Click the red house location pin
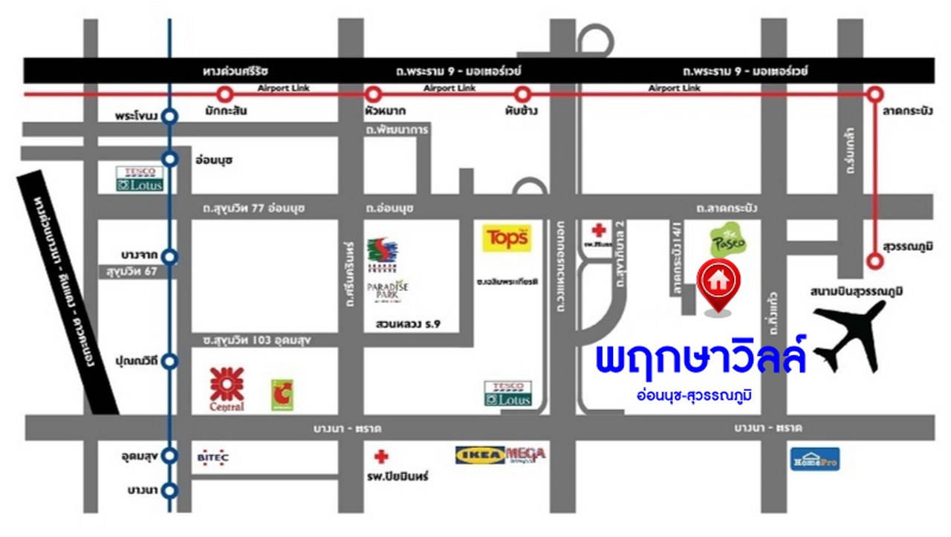[x=718, y=282]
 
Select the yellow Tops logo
[x=507, y=238]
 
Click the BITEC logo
[x=213, y=458]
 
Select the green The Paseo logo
[x=726, y=241]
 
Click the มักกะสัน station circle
[x=225, y=94]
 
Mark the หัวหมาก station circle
[x=373, y=94]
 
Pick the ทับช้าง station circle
[x=522, y=94]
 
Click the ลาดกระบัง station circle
[x=876, y=94]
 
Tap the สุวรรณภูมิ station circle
[x=876, y=261]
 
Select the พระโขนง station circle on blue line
[x=170, y=117]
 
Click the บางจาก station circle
[x=170, y=257]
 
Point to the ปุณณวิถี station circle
[x=170, y=362]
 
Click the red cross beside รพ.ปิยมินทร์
[x=381, y=457]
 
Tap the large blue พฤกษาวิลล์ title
[x=701, y=359]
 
